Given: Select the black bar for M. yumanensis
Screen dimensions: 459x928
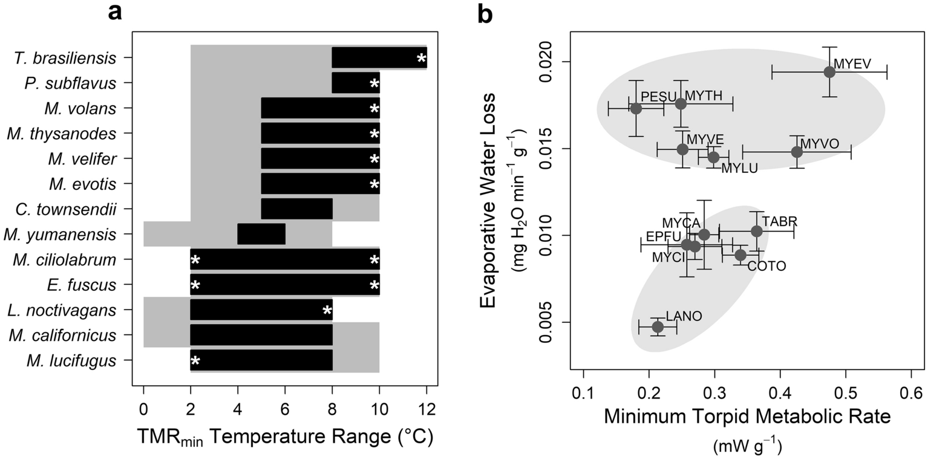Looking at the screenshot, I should pyautogui.click(x=261, y=234).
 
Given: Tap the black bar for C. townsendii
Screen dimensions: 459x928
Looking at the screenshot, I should pyautogui.click(x=296, y=209).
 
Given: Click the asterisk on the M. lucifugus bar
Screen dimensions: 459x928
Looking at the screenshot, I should pyautogui.click(x=195, y=361).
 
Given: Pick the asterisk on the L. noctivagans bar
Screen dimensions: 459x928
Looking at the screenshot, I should pyautogui.click(x=327, y=311).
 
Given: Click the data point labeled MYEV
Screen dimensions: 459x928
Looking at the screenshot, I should pyautogui.click(x=829, y=72).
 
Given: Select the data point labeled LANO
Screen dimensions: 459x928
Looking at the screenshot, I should pyautogui.click(x=658, y=327).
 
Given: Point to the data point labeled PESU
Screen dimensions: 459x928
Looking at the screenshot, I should pyautogui.click(x=636, y=108).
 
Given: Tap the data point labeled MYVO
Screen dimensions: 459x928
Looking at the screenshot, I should pyautogui.click(x=797, y=151).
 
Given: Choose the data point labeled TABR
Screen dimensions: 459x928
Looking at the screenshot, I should pyautogui.click(x=757, y=231).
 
